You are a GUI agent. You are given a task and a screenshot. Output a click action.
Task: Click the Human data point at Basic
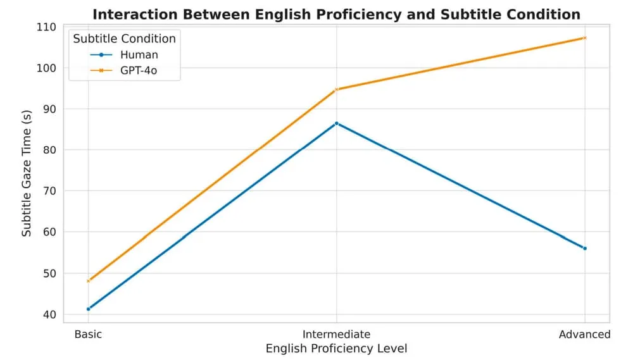tap(89, 309)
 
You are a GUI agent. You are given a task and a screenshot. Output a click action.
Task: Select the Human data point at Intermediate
tap(337, 123)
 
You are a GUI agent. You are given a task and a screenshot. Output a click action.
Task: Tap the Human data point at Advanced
tap(585, 249)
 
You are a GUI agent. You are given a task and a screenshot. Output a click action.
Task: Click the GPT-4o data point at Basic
tap(89, 281)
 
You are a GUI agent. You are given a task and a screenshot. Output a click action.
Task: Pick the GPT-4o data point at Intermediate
tap(337, 90)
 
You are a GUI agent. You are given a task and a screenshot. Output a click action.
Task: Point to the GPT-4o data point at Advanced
tap(585, 38)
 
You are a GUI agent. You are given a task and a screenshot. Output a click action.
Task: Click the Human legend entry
tap(124, 55)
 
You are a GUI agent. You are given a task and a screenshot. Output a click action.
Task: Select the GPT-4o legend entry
tap(123, 71)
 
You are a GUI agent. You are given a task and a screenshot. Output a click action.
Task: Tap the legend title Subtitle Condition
tap(124, 39)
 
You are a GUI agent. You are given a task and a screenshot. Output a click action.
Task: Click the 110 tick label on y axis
tap(46, 27)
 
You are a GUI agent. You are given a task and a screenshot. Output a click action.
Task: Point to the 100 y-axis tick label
tap(46, 68)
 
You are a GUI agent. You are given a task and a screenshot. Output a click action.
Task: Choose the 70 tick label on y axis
tap(49, 191)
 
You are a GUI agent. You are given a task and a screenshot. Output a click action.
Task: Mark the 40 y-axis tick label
tap(49, 314)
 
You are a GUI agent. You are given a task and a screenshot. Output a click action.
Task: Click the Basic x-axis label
tap(89, 335)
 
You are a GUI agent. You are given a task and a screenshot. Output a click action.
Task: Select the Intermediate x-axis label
tap(336, 335)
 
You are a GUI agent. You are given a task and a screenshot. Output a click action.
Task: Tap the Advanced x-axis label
tap(584, 335)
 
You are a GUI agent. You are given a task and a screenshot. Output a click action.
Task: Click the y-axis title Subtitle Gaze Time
tap(27, 173)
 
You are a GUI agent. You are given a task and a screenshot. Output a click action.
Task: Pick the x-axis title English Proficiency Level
tap(336, 349)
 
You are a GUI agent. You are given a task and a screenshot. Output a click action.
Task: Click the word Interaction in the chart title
tap(135, 15)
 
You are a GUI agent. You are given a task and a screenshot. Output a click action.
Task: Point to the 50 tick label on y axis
tap(49, 273)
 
